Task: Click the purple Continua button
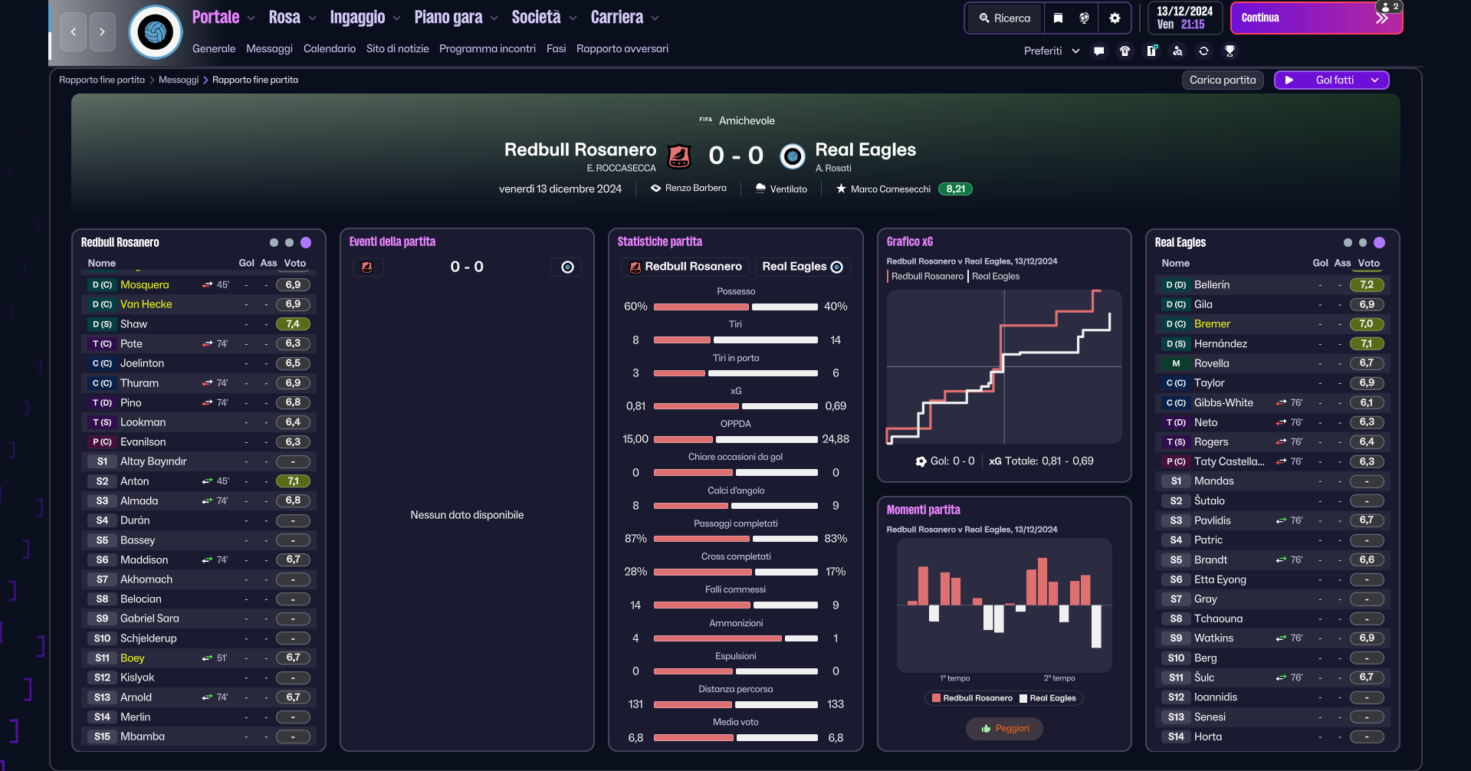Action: (x=1315, y=18)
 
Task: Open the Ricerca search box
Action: (x=1004, y=18)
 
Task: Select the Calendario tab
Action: (x=330, y=49)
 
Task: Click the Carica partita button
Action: (x=1223, y=80)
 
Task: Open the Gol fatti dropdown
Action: (x=1331, y=80)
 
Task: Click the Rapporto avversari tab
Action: (x=622, y=49)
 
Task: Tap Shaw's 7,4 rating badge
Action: (x=293, y=324)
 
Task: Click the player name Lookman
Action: (x=143, y=422)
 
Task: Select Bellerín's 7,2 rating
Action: (x=1367, y=285)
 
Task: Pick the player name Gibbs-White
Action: (x=1223, y=403)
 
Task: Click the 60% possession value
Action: (x=635, y=307)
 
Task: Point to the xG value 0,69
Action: (x=836, y=406)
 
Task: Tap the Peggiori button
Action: (x=1004, y=729)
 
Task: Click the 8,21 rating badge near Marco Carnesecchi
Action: (x=955, y=189)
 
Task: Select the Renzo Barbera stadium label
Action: (x=695, y=189)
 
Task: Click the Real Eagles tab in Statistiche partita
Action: (x=802, y=267)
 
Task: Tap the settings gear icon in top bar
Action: (x=1115, y=18)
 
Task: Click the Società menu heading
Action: (x=536, y=18)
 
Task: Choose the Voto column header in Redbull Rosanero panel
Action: (x=294, y=264)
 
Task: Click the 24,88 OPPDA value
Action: (x=836, y=439)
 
